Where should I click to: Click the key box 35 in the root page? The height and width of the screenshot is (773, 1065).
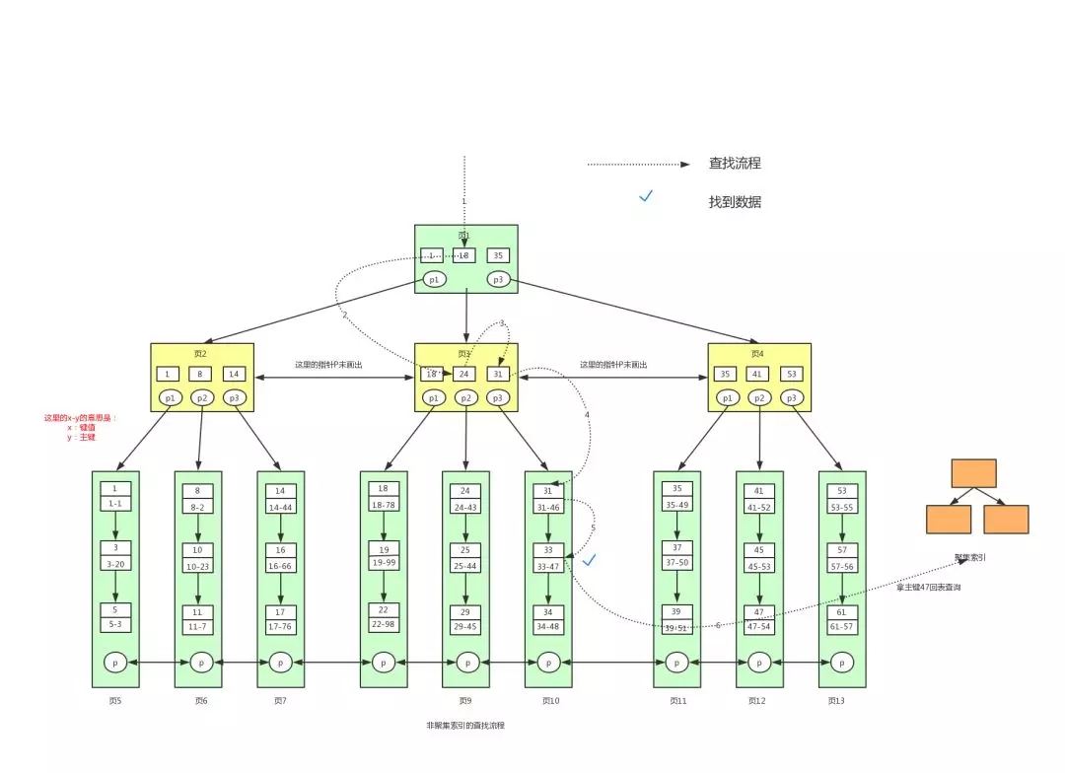coord(498,255)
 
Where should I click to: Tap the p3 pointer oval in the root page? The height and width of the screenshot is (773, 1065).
coord(498,280)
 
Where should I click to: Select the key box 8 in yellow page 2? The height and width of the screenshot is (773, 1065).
coord(201,374)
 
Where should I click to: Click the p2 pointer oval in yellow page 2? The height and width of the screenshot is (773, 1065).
coord(201,397)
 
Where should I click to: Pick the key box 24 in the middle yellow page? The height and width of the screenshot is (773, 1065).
coord(465,374)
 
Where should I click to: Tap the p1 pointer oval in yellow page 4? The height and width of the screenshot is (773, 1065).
coord(728,397)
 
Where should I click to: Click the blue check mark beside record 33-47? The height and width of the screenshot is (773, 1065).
coord(590,560)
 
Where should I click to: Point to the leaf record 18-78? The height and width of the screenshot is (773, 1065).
coord(384,504)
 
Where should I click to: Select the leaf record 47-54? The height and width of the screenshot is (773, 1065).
coord(759,626)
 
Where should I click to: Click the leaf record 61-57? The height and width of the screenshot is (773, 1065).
coord(842,626)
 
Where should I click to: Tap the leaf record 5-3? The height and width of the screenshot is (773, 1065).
coord(115,624)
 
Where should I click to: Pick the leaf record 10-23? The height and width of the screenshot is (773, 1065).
coord(198,566)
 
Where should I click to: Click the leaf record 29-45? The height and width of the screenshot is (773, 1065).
coord(465,626)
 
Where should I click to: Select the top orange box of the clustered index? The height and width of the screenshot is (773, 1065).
coord(974,473)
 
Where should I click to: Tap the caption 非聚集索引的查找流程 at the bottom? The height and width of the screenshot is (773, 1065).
coord(465,725)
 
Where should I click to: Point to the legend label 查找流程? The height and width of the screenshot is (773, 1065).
coord(735,164)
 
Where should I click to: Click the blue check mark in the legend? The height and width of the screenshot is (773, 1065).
coord(646,196)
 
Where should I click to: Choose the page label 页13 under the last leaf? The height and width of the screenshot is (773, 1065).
coord(836,701)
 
